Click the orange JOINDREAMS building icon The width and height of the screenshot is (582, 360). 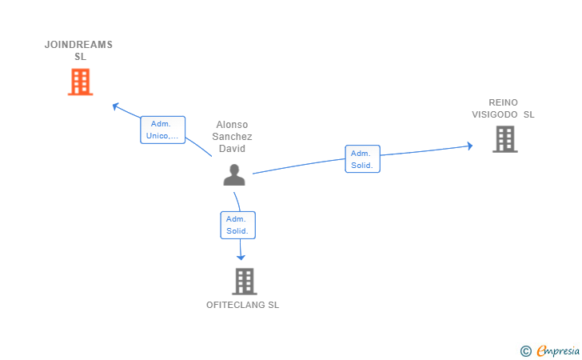(80, 82)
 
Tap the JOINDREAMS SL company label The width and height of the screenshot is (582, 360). (78, 50)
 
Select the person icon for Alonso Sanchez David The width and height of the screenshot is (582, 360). (234, 174)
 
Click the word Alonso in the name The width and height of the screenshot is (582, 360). (232, 125)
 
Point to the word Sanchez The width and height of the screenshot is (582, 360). (232, 136)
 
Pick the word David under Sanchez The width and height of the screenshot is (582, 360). (232, 149)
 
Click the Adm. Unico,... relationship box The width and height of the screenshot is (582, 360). (162, 130)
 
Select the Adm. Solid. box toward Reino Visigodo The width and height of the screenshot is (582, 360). (363, 159)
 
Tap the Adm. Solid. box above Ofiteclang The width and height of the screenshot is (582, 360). (238, 225)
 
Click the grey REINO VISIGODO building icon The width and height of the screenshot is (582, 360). (505, 139)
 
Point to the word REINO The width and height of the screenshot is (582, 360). (504, 102)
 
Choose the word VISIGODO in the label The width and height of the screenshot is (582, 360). (495, 114)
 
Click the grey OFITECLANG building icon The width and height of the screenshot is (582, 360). (245, 282)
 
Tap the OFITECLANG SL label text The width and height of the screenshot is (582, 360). (243, 305)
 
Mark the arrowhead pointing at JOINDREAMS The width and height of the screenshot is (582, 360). (115, 106)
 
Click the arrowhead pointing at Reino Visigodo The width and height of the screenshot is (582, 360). (470, 146)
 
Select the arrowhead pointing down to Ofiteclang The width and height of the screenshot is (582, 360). (241, 257)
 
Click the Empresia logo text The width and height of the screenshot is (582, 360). (558, 350)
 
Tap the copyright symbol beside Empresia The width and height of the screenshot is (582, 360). (526, 351)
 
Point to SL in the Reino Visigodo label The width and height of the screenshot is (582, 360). (529, 114)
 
